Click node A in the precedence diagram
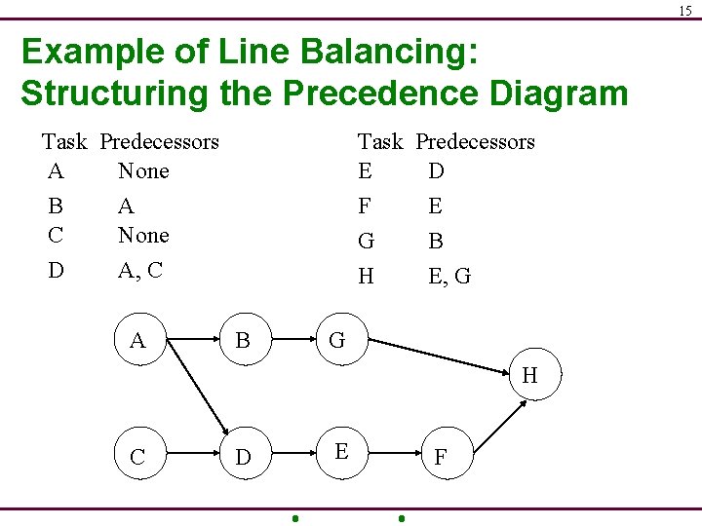(137, 340)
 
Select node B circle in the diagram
(243, 340)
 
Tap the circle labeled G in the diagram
(337, 340)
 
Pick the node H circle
(529, 375)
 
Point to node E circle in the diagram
(341, 451)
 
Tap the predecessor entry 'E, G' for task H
(449, 277)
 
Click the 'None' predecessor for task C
(143, 235)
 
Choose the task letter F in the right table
(366, 207)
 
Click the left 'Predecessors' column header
(160, 142)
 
